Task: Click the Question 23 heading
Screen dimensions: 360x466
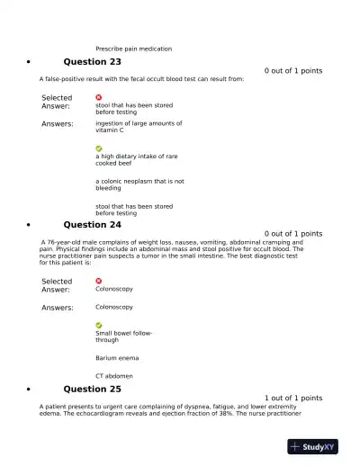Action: tap(92, 62)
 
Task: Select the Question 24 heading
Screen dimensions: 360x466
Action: tap(92, 225)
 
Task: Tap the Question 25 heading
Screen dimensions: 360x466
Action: tap(92, 390)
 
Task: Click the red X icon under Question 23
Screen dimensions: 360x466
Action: tap(99, 97)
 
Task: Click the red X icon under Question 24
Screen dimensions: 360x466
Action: tap(99, 281)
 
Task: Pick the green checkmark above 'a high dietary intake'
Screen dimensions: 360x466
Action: tap(99, 148)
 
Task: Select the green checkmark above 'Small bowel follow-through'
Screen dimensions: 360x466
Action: tap(99, 325)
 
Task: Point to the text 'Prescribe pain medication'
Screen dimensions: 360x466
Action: tap(133, 49)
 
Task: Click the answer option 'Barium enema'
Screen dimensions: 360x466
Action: tap(117, 358)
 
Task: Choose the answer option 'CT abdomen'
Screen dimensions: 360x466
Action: tap(114, 376)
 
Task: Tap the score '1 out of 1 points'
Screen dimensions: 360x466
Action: tap(293, 398)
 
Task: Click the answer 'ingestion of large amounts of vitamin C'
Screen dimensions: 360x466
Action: tap(139, 127)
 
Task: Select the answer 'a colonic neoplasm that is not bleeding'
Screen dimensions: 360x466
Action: tap(139, 184)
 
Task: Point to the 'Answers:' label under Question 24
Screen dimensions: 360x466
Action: tap(58, 308)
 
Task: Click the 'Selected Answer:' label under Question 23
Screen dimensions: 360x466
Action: tap(57, 102)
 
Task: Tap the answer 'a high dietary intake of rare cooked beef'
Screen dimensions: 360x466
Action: tap(137, 159)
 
